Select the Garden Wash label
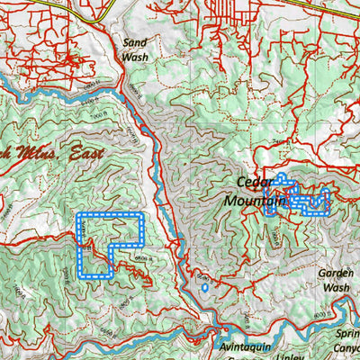tap(336, 280)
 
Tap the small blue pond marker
tap(204, 289)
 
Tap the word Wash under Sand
tap(135, 57)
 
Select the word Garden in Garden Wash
tap(336, 273)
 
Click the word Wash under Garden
tap(336, 287)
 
